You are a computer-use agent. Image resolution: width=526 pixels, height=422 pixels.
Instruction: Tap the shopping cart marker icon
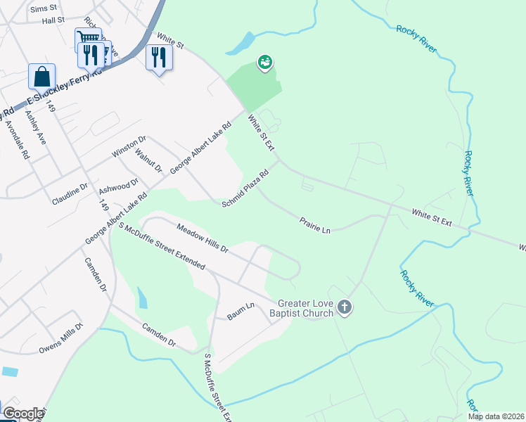click(x=87, y=39)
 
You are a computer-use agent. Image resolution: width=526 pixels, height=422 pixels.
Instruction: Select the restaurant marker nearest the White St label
click(x=159, y=56)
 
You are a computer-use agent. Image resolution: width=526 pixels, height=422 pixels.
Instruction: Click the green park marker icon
click(x=265, y=63)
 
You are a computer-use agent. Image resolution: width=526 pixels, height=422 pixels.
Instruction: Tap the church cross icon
click(x=344, y=306)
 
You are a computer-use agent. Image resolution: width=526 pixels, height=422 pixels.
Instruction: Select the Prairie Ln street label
click(x=314, y=225)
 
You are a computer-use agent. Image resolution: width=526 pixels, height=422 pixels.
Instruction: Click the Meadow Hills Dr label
click(x=203, y=238)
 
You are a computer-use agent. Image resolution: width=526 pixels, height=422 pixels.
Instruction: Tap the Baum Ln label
click(x=240, y=311)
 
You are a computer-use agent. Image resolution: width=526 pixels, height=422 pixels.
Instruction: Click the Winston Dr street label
click(x=129, y=147)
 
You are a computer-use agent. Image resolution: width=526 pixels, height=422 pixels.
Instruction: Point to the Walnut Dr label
click(x=148, y=160)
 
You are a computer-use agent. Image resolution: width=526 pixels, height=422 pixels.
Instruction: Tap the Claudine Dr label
click(x=70, y=195)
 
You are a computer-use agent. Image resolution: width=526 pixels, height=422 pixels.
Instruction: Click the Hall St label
click(x=53, y=21)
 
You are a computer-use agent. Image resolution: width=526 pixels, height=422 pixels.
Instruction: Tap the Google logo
click(x=23, y=414)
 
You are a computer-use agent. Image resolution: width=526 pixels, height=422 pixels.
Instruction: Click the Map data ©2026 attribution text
click(x=496, y=416)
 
